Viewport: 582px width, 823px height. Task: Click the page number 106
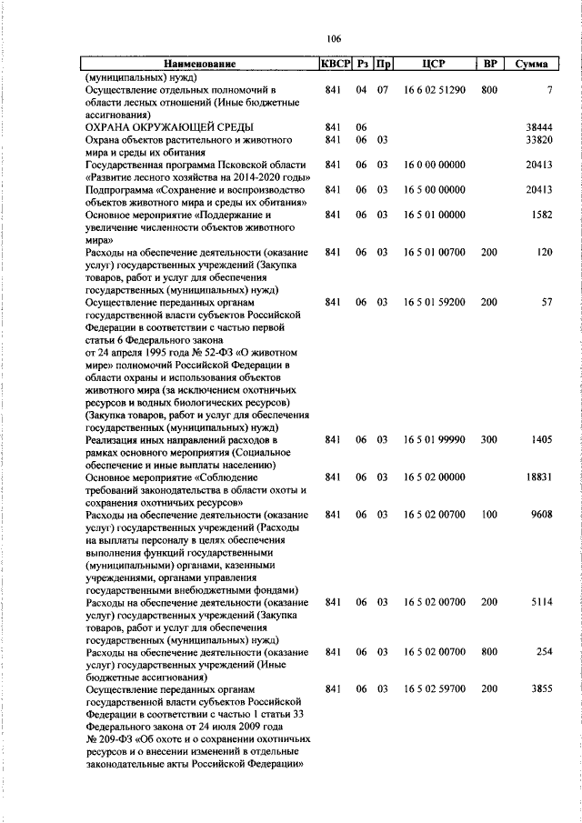[333, 38]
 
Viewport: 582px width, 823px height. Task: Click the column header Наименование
[199, 65]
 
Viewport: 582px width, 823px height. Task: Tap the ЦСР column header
[433, 65]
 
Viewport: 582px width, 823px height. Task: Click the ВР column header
[490, 65]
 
